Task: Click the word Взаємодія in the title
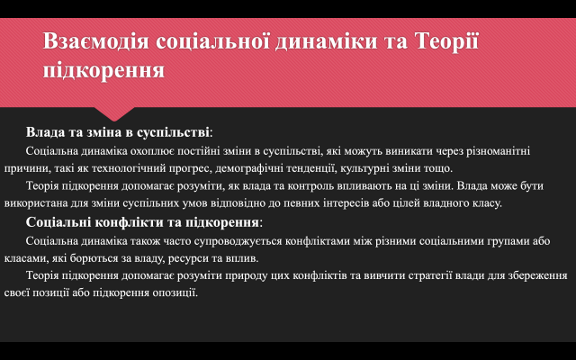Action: coord(96,40)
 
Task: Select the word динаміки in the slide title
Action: coord(326,40)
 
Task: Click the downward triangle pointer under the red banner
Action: coord(114,114)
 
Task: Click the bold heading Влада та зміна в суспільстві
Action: coord(118,132)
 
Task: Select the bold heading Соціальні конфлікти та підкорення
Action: coord(142,222)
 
